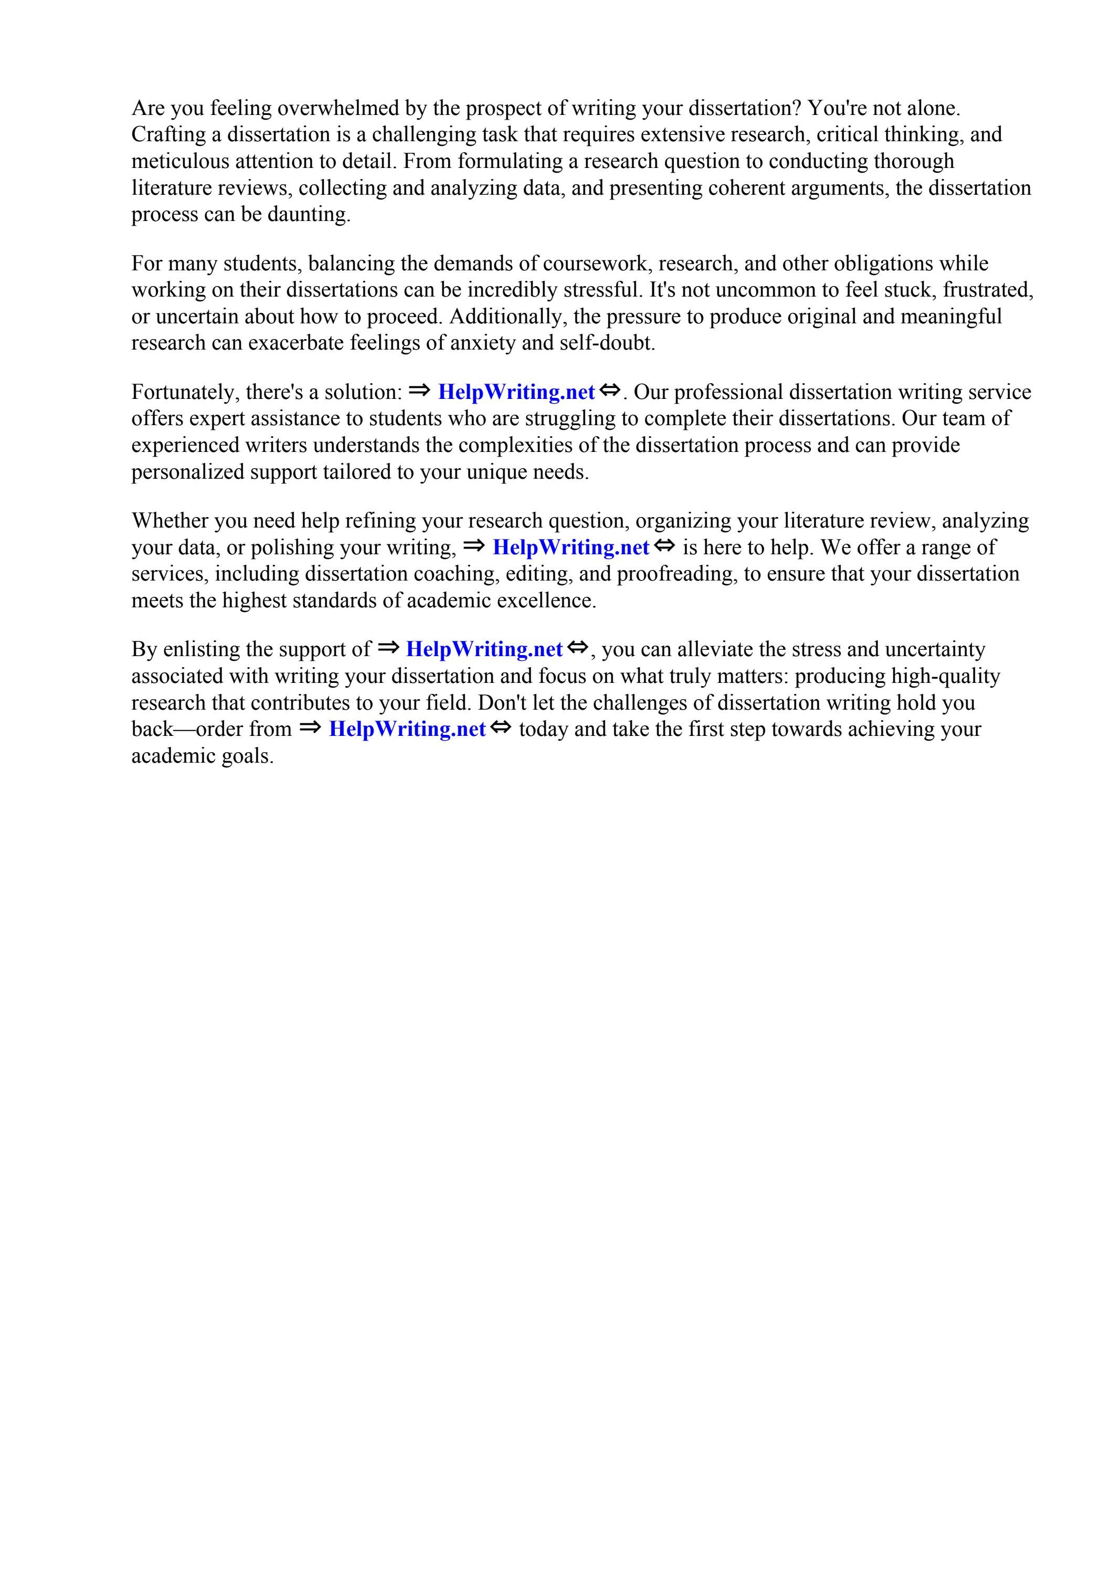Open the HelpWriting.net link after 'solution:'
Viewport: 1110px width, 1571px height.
coord(516,392)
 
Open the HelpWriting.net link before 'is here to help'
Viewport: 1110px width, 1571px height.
coord(570,547)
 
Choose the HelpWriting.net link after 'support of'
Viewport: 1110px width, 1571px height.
coord(484,649)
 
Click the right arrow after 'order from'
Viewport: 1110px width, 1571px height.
coord(309,728)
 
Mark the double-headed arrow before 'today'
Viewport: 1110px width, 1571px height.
coord(500,728)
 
